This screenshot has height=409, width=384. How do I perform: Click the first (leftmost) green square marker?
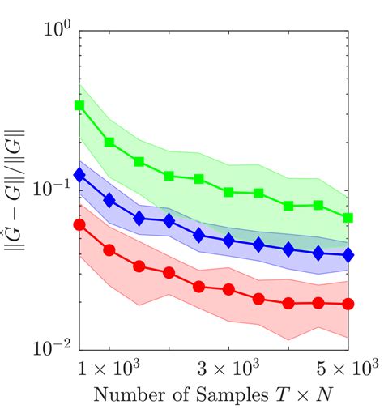pyautogui.click(x=79, y=105)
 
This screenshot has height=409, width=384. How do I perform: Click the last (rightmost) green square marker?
pyautogui.click(x=348, y=218)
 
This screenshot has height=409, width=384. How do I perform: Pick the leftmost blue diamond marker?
pyautogui.click(x=79, y=174)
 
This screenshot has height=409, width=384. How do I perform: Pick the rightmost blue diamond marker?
pyautogui.click(x=348, y=254)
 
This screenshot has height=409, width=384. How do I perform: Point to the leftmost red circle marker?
pyautogui.click(x=79, y=224)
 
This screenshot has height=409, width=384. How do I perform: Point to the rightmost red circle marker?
pyautogui.click(x=348, y=304)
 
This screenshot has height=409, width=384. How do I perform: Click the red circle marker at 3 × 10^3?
pyautogui.click(x=228, y=289)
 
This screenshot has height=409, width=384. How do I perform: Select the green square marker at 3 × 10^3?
pyautogui.click(x=228, y=192)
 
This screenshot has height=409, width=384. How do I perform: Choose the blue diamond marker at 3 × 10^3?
pyautogui.click(x=228, y=241)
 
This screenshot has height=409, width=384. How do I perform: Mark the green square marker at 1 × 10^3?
pyautogui.click(x=109, y=142)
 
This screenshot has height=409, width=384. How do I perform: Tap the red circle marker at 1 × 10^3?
pyautogui.click(x=109, y=250)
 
